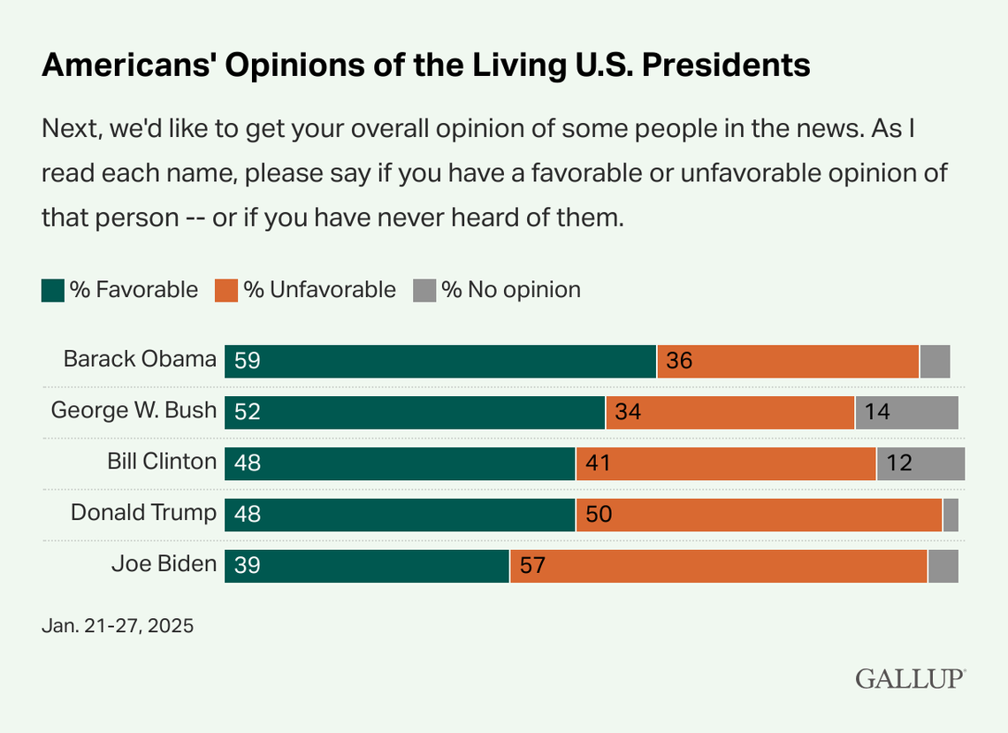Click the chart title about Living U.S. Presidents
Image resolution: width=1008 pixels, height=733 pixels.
click(x=425, y=65)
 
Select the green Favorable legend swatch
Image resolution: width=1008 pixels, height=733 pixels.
click(x=53, y=290)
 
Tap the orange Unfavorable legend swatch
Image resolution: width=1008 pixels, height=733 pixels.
click(x=227, y=290)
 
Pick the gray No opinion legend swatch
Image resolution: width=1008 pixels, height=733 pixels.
click(x=424, y=290)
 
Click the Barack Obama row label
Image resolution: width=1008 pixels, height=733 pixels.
click(x=140, y=359)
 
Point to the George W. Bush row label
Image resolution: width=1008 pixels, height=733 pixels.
click(x=134, y=410)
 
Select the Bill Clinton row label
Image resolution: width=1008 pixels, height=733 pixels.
click(x=162, y=462)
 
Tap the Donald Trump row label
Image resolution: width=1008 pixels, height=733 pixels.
click(x=143, y=513)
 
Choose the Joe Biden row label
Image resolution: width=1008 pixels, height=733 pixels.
click(x=164, y=564)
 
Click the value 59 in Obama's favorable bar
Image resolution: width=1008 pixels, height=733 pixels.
click(x=248, y=362)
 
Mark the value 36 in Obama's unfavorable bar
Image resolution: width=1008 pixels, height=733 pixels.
click(x=679, y=362)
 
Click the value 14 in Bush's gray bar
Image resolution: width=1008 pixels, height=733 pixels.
click(x=878, y=413)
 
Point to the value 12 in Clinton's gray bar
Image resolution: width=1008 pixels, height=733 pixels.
click(x=898, y=464)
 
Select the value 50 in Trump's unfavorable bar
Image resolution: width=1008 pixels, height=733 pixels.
click(x=599, y=515)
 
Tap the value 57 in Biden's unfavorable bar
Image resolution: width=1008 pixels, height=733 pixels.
click(x=532, y=567)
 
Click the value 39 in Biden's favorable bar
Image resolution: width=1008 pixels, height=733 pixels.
click(x=248, y=567)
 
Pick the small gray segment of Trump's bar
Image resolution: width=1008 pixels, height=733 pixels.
click(x=951, y=515)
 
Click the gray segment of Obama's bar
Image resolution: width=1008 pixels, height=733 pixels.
click(x=935, y=362)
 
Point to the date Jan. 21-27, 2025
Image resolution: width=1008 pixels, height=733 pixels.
click(x=117, y=626)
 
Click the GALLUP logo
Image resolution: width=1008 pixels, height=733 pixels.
click(x=910, y=679)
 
